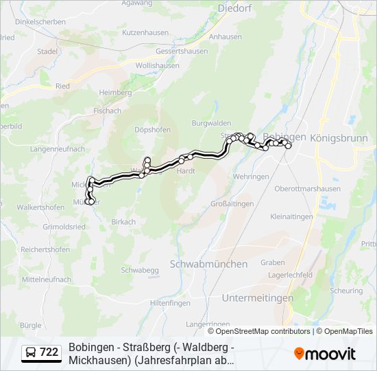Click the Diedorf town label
(236, 8)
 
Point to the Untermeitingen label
(257, 297)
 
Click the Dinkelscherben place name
(40, 22)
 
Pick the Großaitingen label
(232, 203)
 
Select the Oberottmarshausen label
(306, 189)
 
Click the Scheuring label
(347, 290)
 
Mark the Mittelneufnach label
(47, 280)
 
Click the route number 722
(49, 352)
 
